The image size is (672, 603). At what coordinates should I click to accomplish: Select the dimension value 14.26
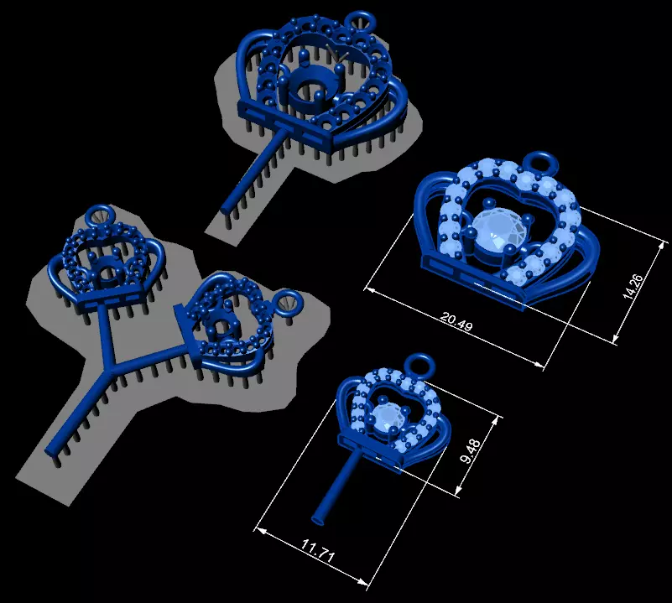[632, 285]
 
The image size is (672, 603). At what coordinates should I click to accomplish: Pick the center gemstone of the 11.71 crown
[388, 417]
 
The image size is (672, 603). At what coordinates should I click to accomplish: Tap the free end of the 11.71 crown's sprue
[320, 514]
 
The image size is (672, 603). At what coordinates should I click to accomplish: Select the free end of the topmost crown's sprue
[225, 205]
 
